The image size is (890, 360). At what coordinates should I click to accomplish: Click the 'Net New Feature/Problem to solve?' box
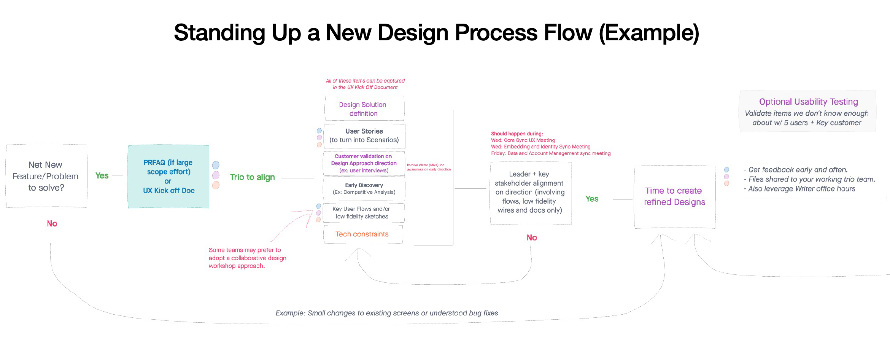(46, 176)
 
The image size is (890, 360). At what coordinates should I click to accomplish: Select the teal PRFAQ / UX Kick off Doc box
(168, 177)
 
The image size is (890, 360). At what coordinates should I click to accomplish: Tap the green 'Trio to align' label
(252, 177)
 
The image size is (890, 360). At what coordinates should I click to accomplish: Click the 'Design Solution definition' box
(364, 109)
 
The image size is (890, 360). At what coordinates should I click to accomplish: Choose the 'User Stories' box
(364, 136)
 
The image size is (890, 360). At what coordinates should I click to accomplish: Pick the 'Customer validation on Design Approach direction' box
(364, 164)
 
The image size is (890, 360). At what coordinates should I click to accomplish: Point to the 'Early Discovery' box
(364, 189)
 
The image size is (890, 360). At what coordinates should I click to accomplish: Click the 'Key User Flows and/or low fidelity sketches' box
(363, 213)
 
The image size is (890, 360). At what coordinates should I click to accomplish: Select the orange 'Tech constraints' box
(362, 234)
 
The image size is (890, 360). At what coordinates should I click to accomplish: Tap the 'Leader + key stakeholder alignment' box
(530, 193)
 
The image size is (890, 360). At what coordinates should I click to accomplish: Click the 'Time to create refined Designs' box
(674, 197)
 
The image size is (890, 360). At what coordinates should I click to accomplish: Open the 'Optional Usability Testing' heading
(808, 102)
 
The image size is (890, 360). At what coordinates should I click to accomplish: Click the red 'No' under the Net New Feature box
(52, 224)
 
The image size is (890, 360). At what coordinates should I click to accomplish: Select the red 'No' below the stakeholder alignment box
(532, 238)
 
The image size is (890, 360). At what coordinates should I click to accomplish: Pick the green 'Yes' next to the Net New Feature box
(102, 176)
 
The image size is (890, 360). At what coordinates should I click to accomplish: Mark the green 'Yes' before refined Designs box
(592, 199)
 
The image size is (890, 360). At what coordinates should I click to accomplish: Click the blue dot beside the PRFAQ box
(216, 165)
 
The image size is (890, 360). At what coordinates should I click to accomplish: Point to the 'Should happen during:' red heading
(517, 134)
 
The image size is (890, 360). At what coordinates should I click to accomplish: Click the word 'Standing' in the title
(219, 33)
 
